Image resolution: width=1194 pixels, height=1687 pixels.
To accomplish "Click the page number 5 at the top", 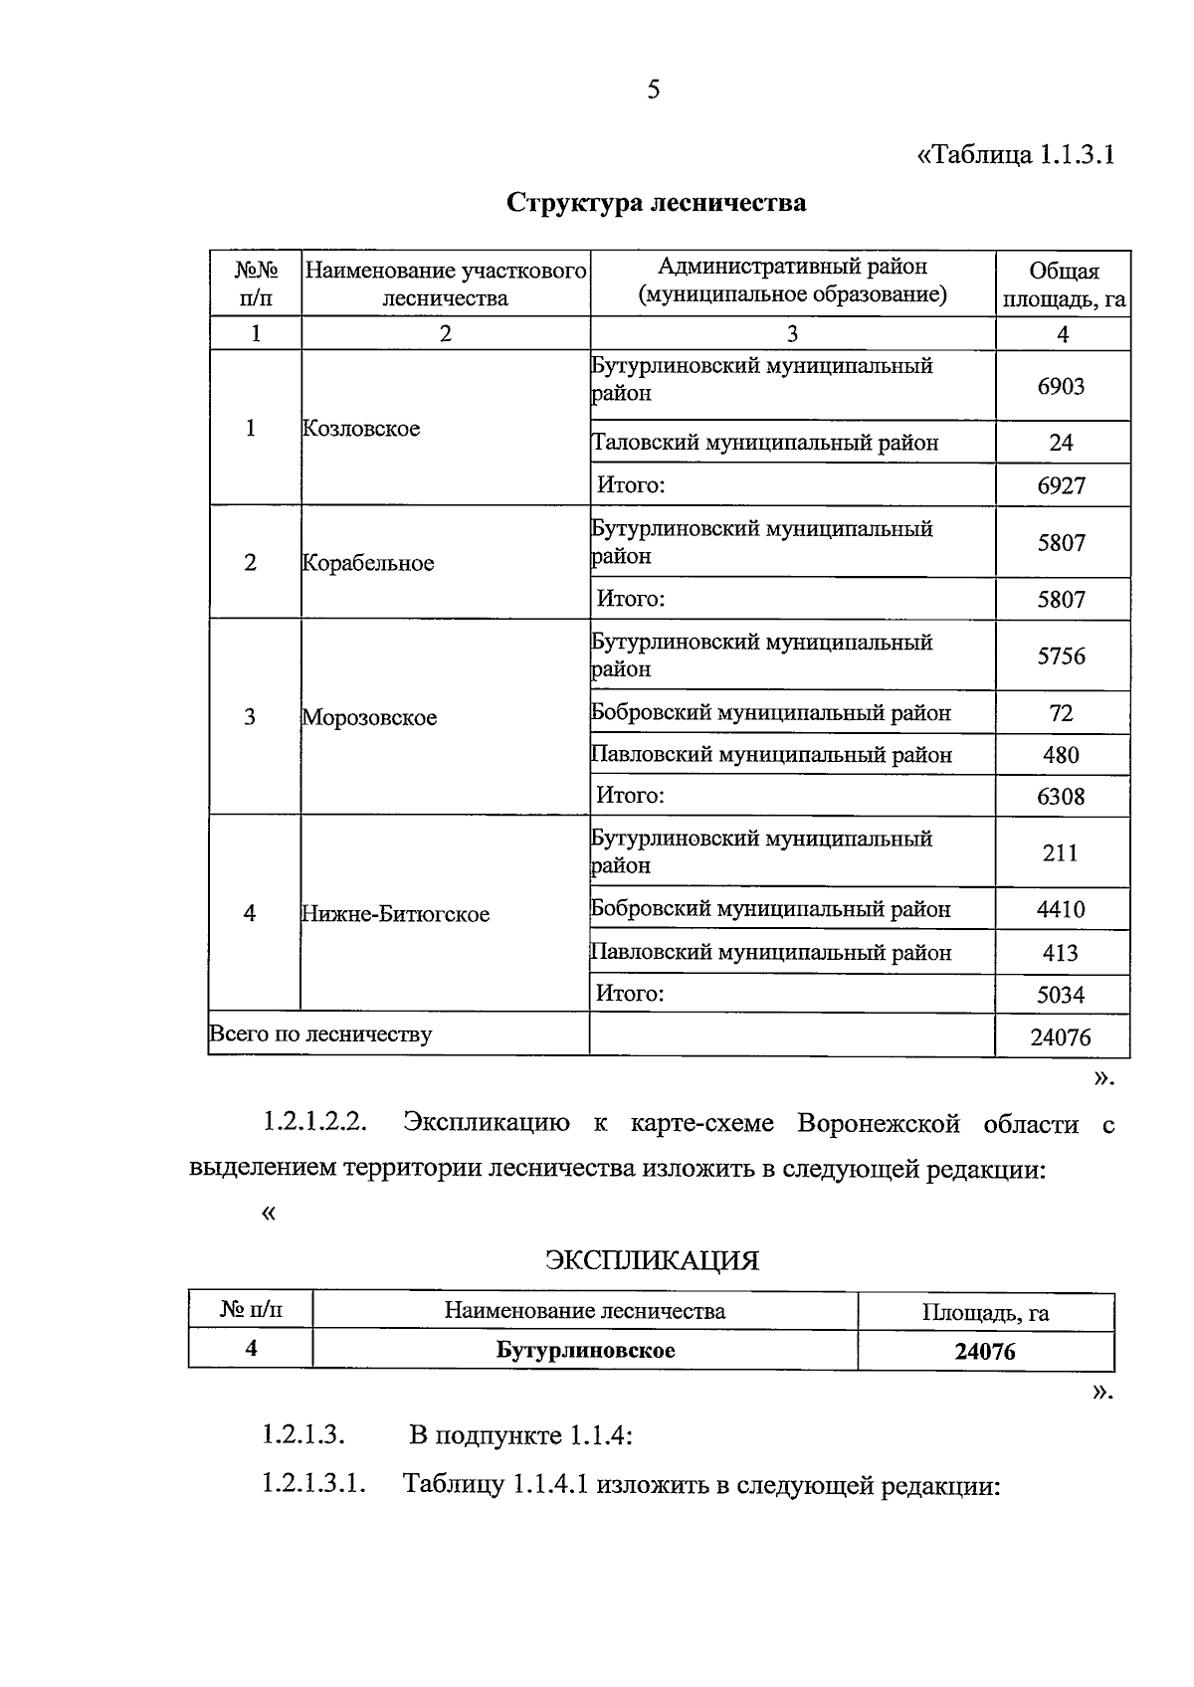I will click(654, 91).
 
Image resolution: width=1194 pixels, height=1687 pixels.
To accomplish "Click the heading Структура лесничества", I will click(656, 203).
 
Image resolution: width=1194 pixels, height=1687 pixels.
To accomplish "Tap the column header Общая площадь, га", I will click(1063, 284).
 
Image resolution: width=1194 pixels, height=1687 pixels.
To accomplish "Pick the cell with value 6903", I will click(1061, 386).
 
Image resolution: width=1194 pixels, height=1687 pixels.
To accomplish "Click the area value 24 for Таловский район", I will click(1061, 443).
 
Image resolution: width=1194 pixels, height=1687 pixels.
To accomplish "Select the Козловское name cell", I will click(361, 429).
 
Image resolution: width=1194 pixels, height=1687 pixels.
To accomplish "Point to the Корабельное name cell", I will click(368, 563).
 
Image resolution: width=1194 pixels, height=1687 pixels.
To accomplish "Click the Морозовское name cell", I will click(369, 717).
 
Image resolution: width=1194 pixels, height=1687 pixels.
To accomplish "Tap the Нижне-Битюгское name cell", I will click(395, 914).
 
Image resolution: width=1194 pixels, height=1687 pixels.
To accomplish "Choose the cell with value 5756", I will click(1061, 656).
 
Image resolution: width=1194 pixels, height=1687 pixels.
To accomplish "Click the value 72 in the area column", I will click(1061, 713).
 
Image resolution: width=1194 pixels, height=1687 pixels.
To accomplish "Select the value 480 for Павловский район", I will click(1061, 755).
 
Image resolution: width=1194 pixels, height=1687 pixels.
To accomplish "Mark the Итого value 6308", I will click(1061, 797).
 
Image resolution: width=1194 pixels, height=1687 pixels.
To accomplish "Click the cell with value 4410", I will click(1061, 909).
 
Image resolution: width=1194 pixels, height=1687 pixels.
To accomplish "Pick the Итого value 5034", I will click(1061, 995).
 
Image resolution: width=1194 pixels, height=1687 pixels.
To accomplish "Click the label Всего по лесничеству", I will click(320, 1034).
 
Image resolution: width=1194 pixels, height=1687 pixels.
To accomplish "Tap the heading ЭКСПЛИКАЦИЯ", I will click(652, 1261).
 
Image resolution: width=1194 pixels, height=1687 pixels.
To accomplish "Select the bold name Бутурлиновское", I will click(585, 1350).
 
